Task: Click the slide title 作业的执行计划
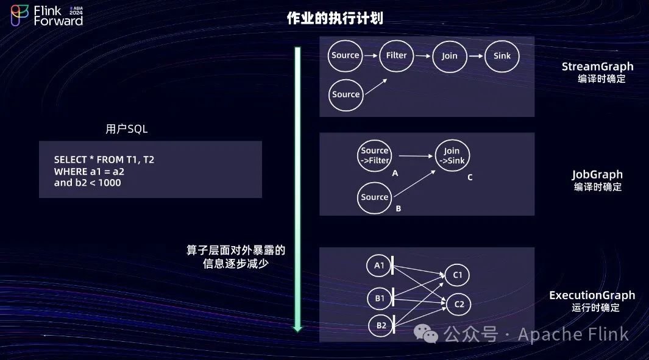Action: pos(335,18)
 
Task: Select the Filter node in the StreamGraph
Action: pos(396,55)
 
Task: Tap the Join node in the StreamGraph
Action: pos(449,56)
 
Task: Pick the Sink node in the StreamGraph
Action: pos(502,56)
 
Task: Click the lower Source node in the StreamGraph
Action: pos(346,94)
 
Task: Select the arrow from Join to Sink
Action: pos(476,56)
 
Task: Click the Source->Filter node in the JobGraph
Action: pos(374,155)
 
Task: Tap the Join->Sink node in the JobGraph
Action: pos(452,156)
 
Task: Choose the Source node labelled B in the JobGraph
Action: pos(374,197)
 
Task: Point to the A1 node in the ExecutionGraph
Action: pos(379,266)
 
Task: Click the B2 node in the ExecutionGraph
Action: pos(381,325)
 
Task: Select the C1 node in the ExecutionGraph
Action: pos(458,275)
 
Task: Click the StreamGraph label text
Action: pos(597,67)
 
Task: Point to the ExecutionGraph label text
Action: pos(592,295)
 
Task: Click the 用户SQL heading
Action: pos(126,129)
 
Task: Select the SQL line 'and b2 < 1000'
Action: pos(87,183)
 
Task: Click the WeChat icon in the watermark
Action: pos(426,333)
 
